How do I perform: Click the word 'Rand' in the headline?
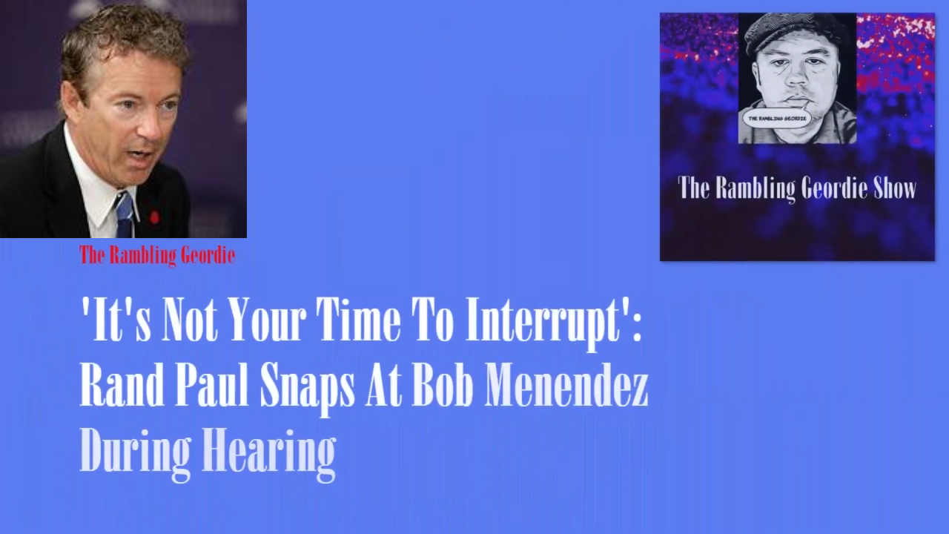point(122,385)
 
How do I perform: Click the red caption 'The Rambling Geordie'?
point(157,256)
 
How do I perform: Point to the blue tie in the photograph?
point(124,215)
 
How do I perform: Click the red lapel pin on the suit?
point(155,217)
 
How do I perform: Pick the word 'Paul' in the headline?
point(212,385)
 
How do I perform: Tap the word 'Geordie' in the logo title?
point(834,189)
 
